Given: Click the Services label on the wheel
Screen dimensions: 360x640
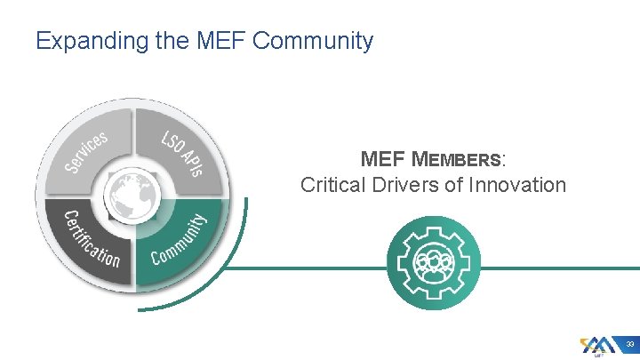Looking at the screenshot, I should coord(85,152).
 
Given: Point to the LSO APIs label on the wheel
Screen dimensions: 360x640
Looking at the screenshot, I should coord(182,152).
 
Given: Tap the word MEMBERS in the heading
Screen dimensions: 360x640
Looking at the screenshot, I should coord(457,160).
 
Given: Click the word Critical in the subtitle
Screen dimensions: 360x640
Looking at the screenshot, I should coord(331,185).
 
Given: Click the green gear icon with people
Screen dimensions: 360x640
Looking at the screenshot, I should coord(434,263).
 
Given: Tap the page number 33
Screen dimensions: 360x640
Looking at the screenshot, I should coord(628,344).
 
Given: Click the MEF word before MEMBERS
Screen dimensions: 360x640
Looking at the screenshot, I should coord(383,160).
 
